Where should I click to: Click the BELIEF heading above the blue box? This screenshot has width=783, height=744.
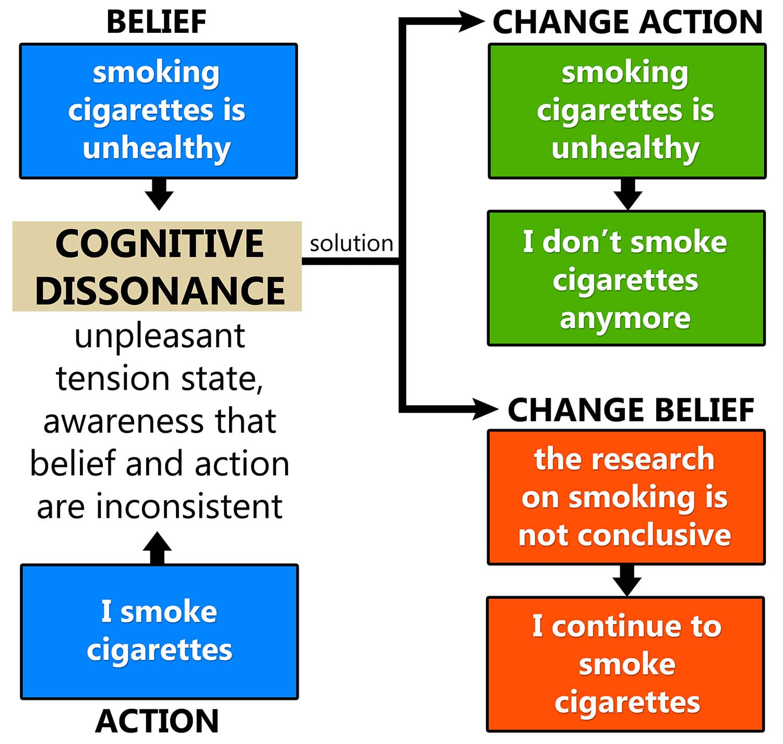click(x=156, y=22)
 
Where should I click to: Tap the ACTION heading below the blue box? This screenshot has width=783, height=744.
click(x=157, y=722)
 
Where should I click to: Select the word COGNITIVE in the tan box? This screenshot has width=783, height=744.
click(x=159, y=244)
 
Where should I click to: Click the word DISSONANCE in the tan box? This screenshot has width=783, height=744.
click(x=160, y=290)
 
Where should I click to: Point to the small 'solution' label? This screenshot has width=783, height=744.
click(x=351, y=244)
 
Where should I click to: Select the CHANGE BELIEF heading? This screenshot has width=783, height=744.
click(x=631, y=410)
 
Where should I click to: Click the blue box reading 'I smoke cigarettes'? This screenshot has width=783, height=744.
click(x=159, y=631)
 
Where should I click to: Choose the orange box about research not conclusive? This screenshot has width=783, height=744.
click(x=626, y=497)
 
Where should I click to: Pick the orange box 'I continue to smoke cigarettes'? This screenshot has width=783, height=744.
click(x=626, y=664)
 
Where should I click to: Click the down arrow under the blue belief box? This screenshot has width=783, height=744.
click(x=159, y=194)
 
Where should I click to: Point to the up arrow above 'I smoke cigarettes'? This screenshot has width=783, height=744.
click(x=157, y=547)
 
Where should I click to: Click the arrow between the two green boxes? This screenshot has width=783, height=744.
click(x=627, y=194)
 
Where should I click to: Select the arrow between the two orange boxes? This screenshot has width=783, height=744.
click(x=626, y=580)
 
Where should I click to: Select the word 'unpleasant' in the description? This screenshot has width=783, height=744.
click(x=160, y=337)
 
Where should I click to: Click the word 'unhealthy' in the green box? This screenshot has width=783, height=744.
click(x=625, y=148)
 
